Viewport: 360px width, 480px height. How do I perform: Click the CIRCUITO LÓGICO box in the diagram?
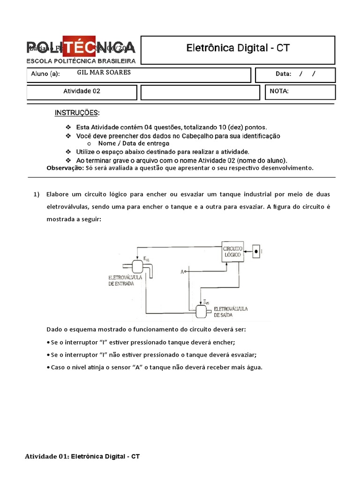(x=233, y=252)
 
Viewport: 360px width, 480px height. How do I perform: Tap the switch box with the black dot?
(x=257, y=251)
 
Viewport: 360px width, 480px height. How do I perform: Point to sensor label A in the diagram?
(x=182, y=271)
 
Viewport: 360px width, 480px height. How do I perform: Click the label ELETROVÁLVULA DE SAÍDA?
(x=231, y=312)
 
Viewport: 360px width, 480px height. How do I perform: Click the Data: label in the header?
(x=284, y=74)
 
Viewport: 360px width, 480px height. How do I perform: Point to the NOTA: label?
(x=279, y=91)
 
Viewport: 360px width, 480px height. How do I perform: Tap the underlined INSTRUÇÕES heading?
(x=77, y=113)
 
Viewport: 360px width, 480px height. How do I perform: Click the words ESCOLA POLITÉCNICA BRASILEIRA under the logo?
(x=81, y=61)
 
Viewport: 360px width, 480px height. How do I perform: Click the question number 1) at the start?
(x=37, y=194)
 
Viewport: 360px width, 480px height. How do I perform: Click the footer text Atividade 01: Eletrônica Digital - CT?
(x=82, y=456)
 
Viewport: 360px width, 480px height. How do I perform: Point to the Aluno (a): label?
(x=45, y=74)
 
